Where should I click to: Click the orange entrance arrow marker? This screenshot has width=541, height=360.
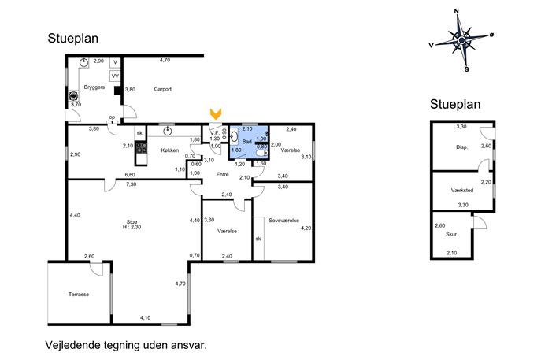[216, 114]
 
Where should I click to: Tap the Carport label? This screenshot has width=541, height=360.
[162, 89]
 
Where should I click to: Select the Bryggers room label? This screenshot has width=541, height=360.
[94, 87]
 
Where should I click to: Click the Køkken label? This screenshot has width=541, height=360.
[170, 150]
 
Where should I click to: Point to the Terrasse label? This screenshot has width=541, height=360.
[79, 295]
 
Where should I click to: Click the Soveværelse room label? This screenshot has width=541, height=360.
[284, 221]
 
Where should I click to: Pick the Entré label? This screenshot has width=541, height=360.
[223, 175]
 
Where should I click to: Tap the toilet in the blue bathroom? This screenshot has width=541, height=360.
[262, 153]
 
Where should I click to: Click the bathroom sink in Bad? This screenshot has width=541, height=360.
[234, 135]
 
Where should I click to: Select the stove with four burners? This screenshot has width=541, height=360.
[142, 148]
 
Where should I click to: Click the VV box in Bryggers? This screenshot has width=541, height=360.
[115, 76]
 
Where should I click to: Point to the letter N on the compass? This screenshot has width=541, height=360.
[457, 11]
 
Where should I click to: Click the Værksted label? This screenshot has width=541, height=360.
[462, 190]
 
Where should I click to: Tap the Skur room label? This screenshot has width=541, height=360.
[451, 234]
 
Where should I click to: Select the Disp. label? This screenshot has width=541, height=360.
[462, 147]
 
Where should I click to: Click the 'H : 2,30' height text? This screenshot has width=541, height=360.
[132, 227]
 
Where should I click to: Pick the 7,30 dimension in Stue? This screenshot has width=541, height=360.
[131, 184]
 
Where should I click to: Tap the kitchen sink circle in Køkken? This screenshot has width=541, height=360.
[167, 131]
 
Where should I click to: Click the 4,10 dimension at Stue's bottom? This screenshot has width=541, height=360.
[145, 318]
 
